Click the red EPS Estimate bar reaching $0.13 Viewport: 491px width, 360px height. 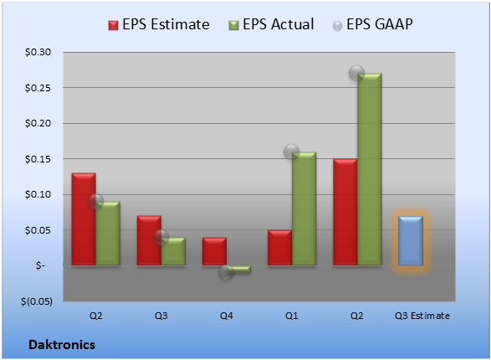(x=84, y=219)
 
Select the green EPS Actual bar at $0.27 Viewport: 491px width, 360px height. (x=370, y=169)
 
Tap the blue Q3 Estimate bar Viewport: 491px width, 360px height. (x=411, y=240)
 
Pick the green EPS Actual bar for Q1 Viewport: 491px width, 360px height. (x=304, y=208)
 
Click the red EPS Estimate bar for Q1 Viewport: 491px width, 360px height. (x=279, y=248)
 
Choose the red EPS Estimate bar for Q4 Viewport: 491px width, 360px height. (x=214, y=251)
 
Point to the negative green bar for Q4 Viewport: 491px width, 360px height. (x=238, y=269)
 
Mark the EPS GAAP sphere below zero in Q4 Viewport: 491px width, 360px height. (x=226, y=272)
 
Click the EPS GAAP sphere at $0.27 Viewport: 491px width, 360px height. (x=356, y=74)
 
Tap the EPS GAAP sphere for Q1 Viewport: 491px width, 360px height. (x=291, y=152)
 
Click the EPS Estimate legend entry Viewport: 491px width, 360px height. (x=159, y=24)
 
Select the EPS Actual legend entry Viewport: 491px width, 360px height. (x=271, y=24)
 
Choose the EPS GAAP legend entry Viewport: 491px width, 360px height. (x=372, y=24)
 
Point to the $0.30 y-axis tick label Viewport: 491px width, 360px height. (x=38, y=52)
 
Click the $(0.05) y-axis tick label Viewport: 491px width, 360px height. (x=37, y=301)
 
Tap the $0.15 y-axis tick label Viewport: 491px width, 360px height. (x=38, y=159)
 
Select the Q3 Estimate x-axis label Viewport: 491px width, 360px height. (x=422, y=316)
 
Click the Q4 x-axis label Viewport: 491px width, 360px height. (x=227, y=316)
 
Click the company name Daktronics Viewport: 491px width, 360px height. (x=62, y=345)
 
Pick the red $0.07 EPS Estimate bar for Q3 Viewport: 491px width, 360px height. (x=149, y=240)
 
